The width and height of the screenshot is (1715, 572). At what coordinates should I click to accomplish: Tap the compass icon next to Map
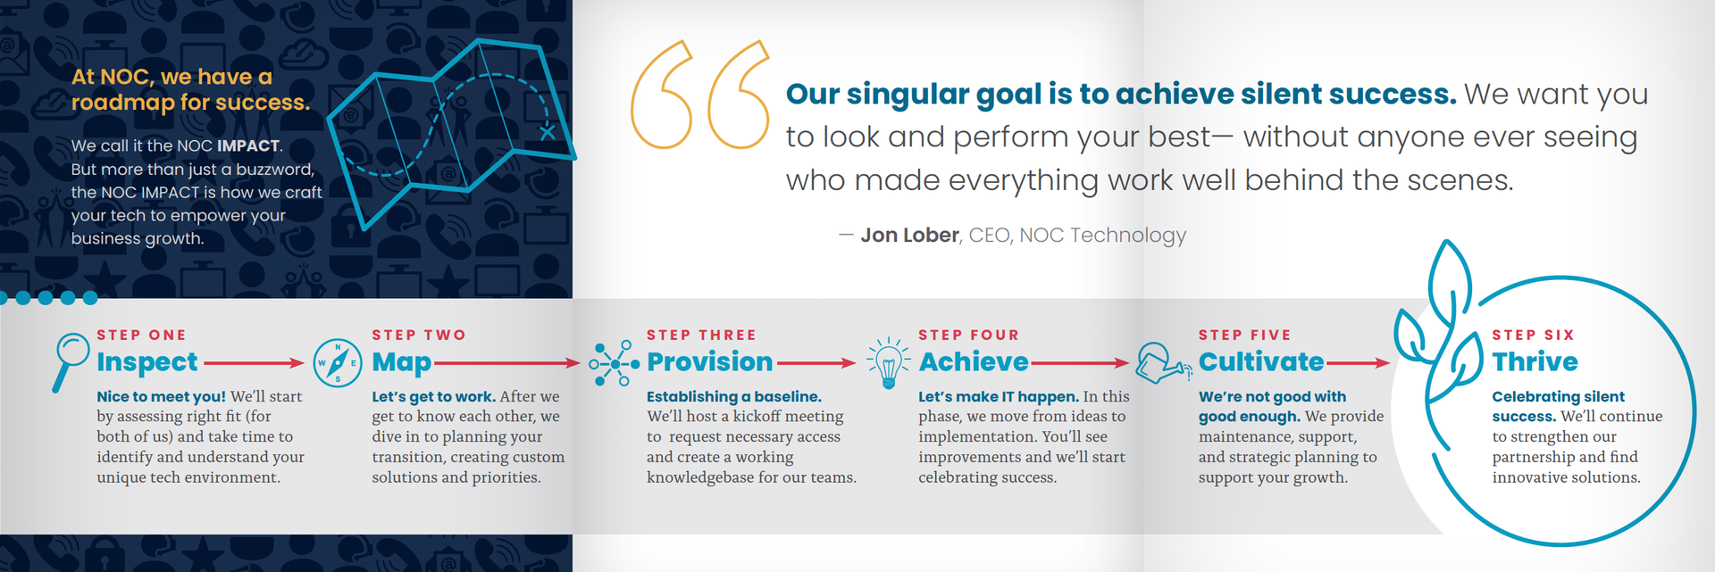338,363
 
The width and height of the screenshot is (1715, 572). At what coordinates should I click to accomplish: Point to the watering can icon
1163,362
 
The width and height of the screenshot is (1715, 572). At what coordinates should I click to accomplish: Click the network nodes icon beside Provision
615,364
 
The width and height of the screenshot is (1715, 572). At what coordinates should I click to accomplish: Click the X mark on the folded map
548,133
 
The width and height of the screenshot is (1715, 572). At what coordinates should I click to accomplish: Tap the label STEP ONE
141,336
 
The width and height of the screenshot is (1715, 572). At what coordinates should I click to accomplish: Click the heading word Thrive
1535,361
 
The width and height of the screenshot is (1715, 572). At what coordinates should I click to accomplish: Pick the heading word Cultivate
1260,361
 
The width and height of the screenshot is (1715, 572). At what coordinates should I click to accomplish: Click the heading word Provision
709,361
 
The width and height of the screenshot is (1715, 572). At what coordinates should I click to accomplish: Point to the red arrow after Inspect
254,363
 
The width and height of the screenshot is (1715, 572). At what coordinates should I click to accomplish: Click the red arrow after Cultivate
1358,363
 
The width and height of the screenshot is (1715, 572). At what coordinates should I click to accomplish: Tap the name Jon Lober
909,235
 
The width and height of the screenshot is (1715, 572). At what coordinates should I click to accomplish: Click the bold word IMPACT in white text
248,145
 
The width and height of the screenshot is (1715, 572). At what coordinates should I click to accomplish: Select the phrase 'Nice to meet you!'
162,396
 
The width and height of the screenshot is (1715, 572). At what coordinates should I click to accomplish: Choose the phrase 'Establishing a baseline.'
734,396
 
